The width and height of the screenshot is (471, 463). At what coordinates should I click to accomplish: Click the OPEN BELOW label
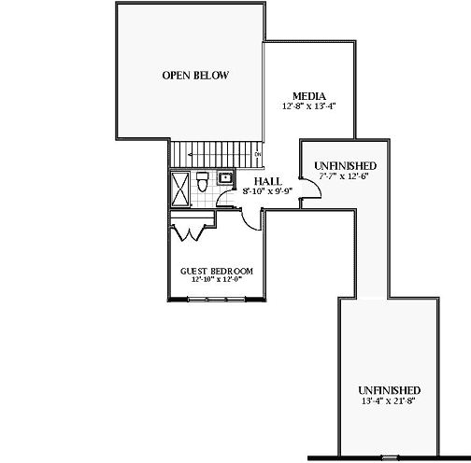[195, 76]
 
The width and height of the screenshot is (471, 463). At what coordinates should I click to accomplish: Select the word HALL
[268, 180]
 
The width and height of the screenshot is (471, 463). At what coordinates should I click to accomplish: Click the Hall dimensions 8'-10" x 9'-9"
[268, 190]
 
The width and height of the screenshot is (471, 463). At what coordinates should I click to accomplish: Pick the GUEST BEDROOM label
[216, 271]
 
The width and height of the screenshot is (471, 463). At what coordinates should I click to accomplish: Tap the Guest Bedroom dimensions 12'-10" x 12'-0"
[216, 280]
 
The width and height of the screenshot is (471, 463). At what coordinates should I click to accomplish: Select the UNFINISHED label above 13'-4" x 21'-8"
[389, 389]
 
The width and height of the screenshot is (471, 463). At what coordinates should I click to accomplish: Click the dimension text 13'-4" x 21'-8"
[389, 400]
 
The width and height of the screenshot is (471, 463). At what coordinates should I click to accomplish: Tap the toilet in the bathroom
[203, 184]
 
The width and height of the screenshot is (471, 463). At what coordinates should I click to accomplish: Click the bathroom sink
[225, 175]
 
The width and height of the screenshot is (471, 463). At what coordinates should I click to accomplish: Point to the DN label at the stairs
[258, 154]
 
